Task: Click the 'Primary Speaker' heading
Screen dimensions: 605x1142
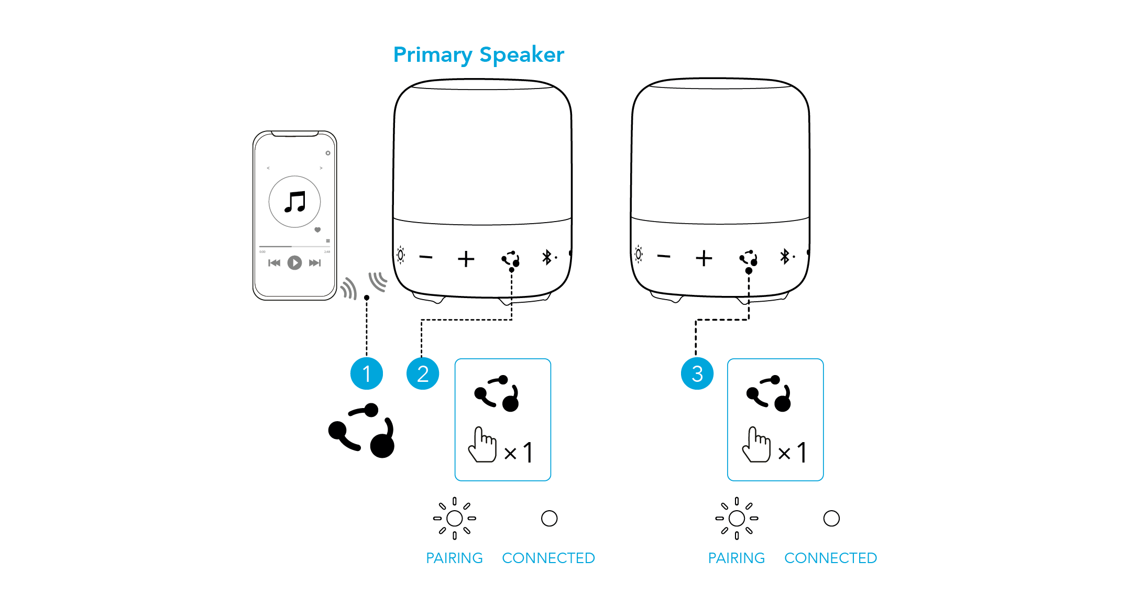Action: [479, 55]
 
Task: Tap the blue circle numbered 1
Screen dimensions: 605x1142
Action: [367, 373]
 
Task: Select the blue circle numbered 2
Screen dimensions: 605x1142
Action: [423, 373]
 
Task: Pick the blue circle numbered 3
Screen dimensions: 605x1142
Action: [697, 373]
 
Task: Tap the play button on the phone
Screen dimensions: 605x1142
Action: [294, 262]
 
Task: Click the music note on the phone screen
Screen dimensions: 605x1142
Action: [295, 202]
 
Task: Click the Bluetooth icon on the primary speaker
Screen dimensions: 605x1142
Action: [547, 257]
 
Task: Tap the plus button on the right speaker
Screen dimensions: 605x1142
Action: [704, 258]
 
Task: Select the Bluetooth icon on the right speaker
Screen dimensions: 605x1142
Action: [785, 256]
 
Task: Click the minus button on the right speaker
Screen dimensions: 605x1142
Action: [664, 256]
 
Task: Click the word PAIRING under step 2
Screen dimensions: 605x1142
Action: [454, 558]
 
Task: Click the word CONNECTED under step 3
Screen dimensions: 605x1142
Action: [830, 558]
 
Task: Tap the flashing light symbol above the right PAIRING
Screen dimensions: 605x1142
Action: [737, 518]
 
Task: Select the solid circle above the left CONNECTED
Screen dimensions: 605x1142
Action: [549, 519]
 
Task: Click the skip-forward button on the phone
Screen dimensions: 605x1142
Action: [314, 263]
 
